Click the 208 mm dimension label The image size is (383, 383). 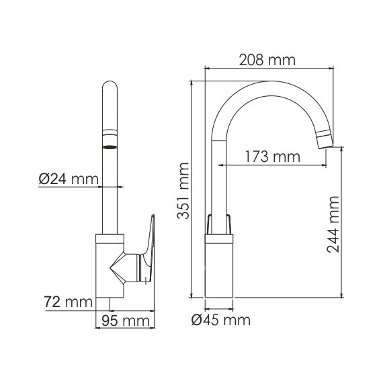click(267, 60)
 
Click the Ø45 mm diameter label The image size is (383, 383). click(220, 320)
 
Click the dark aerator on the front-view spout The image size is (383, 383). click(110, 145)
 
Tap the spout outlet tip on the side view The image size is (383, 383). click(324, 139)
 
